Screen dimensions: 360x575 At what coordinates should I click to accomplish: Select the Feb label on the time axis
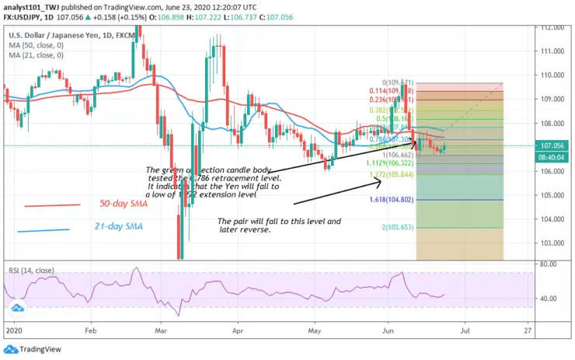[91, 329]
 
